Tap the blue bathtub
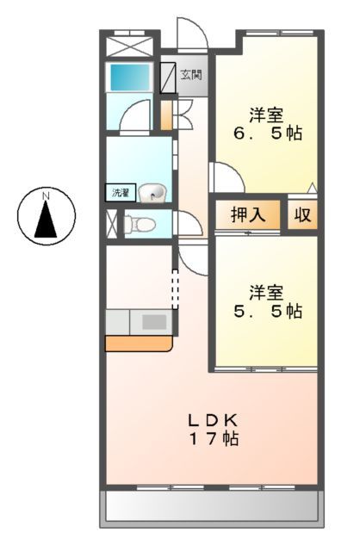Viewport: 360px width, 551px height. (x=129, y=78)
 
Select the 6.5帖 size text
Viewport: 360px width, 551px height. (x=270, y=134)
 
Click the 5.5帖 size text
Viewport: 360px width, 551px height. (x=270, y=311)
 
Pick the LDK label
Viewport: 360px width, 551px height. (x=214, y=421)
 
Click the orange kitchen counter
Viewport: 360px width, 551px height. (x=138, y=344)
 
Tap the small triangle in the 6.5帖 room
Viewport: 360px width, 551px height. (x=313, y=188)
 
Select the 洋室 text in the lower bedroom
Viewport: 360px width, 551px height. (x=267, y=291)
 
